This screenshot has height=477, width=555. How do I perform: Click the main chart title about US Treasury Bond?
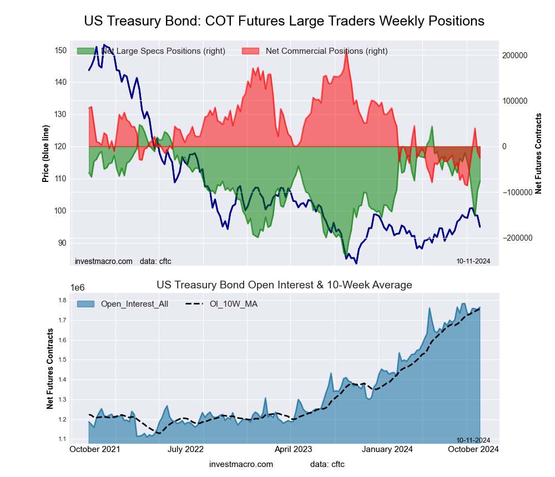click(x=284, y=21)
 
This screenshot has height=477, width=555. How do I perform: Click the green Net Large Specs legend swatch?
click(x=87, y=51)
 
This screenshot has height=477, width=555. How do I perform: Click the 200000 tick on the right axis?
click(x=514, y=55)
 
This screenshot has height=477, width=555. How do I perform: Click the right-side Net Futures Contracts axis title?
click(x=538, y=153)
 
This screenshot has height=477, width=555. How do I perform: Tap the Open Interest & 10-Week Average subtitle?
click(x=284, y=285)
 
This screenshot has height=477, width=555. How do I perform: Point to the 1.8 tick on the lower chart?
click(x=62, y=301)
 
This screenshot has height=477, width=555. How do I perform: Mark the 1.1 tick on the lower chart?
click(x=62, y=439)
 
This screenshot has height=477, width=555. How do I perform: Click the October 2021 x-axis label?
click(x=95, y=450)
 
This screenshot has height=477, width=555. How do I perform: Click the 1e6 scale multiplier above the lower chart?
click(x=77, y=287)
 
